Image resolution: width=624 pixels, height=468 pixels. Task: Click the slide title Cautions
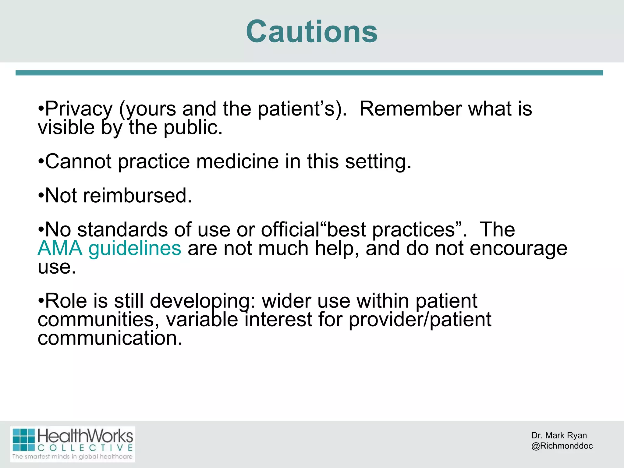click(312, 31)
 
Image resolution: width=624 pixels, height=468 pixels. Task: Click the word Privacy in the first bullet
click(79, 109)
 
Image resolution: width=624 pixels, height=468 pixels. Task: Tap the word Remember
click(410, 109)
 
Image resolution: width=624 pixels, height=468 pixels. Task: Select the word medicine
click(237, 161)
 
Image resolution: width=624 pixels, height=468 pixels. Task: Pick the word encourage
click(518, 248)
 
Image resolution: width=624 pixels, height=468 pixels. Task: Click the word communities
click(98, 320)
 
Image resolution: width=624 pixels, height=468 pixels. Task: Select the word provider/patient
click(420, 320)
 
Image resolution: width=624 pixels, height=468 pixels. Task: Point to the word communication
click(110, 338)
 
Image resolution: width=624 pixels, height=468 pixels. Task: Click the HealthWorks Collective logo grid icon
click(24, 439)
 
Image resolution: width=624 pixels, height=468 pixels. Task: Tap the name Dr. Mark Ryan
click(559, 435)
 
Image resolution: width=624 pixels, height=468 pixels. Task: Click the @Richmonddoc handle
click(562, 446)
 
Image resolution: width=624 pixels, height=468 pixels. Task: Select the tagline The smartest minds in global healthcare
click(73, 456)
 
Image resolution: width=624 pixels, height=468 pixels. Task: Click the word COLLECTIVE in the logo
click(85, 448)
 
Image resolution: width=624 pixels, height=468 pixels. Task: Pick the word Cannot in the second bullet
click(78, 161)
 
